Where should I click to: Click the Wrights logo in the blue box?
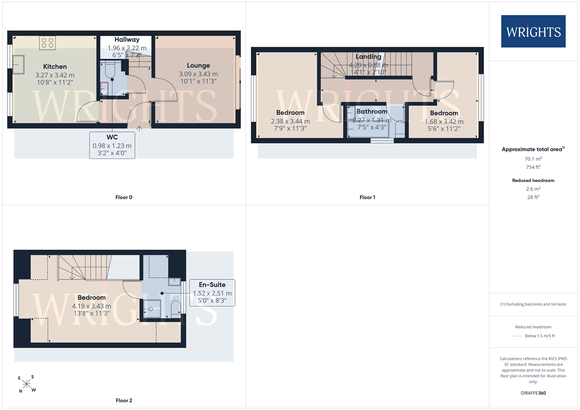click(533, 31)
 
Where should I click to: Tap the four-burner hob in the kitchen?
click(47, 43)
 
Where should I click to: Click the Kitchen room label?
click(55, 67)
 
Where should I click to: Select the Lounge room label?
click(198, 65)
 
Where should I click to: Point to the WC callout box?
click(112, 145)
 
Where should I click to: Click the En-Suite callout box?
click(212, 293)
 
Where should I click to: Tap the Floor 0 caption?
click(124, 197)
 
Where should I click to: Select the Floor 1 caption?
click(367, 197)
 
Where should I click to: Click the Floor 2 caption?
click(124, 401)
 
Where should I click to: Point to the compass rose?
click(27, 384)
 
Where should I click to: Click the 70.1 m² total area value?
click(533, 158)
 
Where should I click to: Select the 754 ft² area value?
click(533, 167)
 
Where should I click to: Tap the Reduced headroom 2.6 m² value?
click(533, 188)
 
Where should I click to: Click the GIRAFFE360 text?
click(533, 393)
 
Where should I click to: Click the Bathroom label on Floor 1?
click(372, 112)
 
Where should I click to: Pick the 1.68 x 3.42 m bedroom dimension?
click(444, 121)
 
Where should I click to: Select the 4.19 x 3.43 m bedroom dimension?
click(92, 306)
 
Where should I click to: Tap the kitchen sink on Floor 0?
click(18, 65)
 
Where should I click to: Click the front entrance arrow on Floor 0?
click(139, 129)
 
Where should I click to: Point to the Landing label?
click(368, 56)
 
